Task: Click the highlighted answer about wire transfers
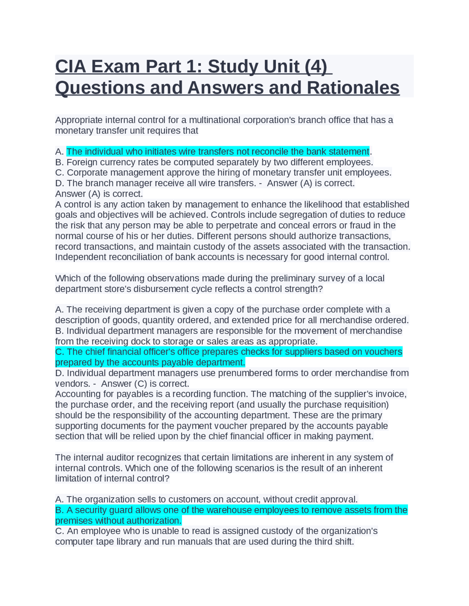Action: (x=218, y=151)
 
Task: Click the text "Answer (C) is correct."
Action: (x=145, y=384)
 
